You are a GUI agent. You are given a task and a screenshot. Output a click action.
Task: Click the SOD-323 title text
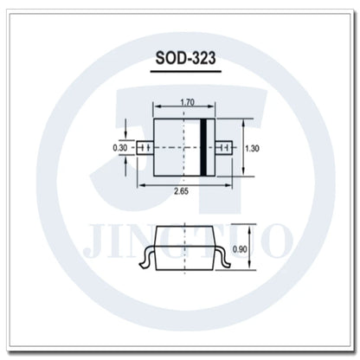[x=185, y=58]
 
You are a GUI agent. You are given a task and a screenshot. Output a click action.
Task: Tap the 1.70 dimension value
[x=188, y=102]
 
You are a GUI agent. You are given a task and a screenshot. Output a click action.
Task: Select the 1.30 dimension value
[x=252, y=149]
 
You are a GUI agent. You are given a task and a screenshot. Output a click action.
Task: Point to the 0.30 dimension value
[x=120, y=148]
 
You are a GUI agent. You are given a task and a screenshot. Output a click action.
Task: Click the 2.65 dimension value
[x=181, y=191]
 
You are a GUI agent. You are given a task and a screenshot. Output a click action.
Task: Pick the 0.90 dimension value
[x=240, y=249]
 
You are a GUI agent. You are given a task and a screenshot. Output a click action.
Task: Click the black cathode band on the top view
[x=203, y=147]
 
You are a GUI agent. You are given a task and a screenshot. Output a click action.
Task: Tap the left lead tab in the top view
[x=145, y=148]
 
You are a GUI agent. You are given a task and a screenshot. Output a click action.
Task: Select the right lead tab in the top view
[x=224, y=148]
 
